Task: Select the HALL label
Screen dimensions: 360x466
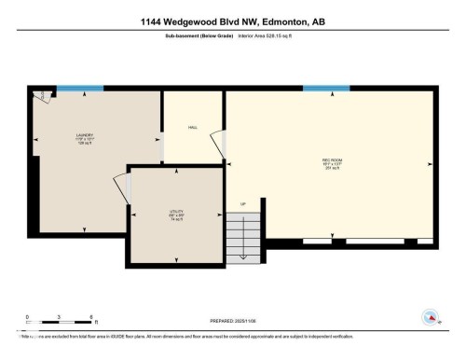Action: (193, 127)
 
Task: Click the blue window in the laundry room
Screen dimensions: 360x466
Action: (79, 90)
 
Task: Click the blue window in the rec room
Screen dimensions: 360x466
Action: (326, 90)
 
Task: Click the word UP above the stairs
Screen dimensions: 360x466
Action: (243, 204)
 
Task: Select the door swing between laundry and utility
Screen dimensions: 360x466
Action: (121, 187)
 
